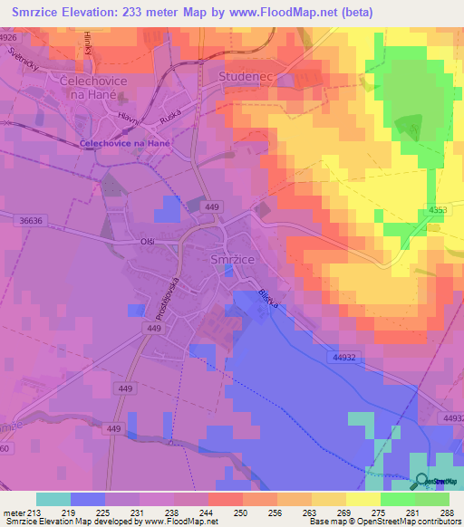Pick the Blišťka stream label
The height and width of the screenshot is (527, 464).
[266, 301]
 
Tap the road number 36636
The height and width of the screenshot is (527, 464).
[30, 219]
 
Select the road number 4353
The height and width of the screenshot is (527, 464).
[440, 211]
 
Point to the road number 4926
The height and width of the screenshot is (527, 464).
[9, 38]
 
